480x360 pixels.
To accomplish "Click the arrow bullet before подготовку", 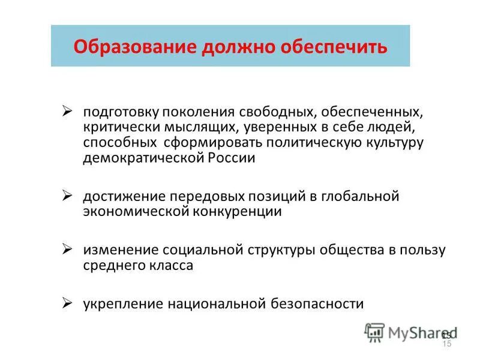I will pos(68,112).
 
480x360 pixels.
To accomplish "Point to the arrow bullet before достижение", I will pos(68,196).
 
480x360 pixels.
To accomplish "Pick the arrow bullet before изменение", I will pos(68,249).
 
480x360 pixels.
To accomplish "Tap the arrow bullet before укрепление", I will pos(68,302).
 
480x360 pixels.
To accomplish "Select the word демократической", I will pos(144,158).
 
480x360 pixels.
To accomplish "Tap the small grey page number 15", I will pos(446,344).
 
